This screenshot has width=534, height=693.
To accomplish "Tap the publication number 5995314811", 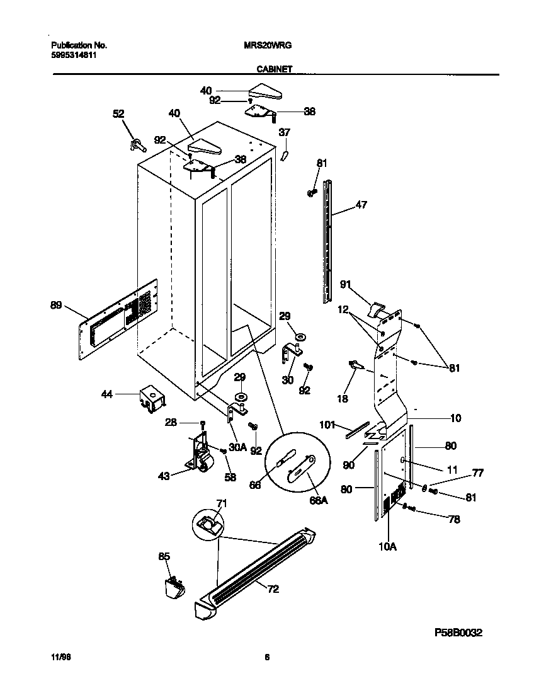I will point(73,55).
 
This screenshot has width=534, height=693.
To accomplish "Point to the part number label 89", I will point(56,306).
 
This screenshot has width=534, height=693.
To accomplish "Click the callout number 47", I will point(361,204).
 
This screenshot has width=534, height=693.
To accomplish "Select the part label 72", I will point(273,590).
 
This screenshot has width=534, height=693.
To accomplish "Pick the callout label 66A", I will point(319,500).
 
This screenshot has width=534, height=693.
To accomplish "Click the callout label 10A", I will point(387,546).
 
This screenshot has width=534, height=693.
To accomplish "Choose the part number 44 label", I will point(108,394).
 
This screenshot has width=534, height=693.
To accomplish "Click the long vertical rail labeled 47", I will point(327,239).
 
